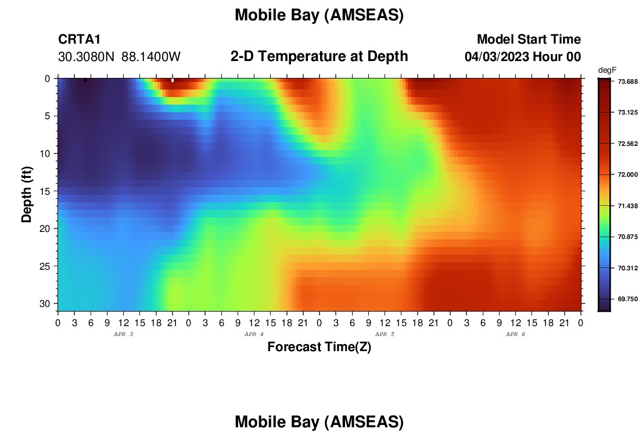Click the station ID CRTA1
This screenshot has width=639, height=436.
(x=79, y=39)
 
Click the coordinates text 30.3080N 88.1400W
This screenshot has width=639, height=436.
(x=119, y=57)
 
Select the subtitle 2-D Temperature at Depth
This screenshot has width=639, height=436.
(x=319, y=56)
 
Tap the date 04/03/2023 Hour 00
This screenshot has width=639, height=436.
(x=522, y=57)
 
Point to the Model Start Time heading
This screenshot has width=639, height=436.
(x=529, y=39)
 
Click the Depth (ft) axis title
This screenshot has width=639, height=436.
(x=27, y=194)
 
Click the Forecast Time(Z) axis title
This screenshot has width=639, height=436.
(x=319, y=346)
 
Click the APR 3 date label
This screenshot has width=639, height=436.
(x=123, y=334)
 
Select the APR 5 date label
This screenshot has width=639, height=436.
(x=385, y=334)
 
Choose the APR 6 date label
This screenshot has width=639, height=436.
(x=515, y=334)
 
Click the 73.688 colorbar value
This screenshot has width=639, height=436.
(x=627, y=81)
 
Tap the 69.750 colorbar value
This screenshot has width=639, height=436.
(x=627, y=299)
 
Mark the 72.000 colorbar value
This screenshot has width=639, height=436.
(x=627, y=174)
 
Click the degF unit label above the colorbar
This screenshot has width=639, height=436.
(x=607, y=70)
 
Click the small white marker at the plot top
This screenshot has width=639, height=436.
(x=173, y=80)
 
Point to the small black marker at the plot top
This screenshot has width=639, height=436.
(x=85, y=80)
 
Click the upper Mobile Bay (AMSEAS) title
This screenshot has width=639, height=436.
(x=319, y=15)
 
